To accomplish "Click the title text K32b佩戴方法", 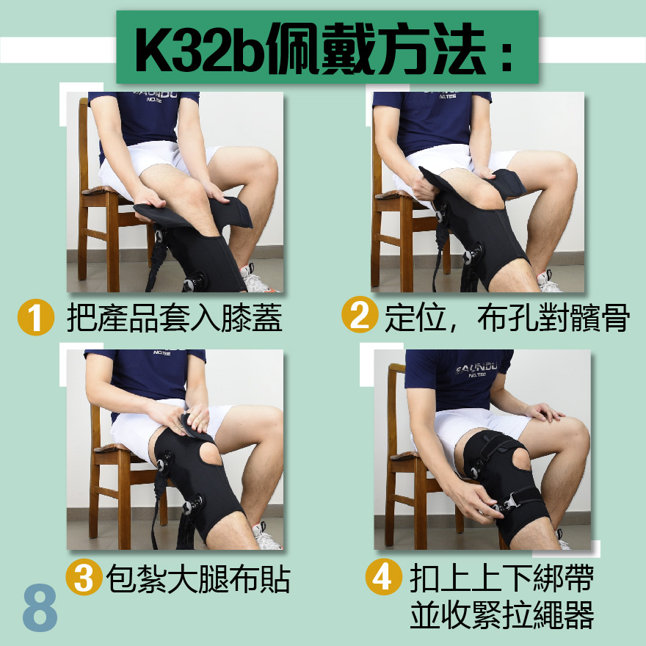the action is click(311, 48).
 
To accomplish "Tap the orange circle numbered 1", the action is click(36, 317).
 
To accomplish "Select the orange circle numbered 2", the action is click(360, 314).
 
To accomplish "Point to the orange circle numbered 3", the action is click(84, 576).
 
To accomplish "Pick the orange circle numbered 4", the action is click(383, 576).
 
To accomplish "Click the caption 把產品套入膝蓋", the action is click(175, 318).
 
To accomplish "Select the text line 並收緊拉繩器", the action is click(502, 614).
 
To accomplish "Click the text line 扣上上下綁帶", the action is click(502, 578).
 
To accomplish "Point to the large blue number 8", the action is click(40, 608).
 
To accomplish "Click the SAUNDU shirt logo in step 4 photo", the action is click(476, 369).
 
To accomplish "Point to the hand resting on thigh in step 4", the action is click(545, 412).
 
